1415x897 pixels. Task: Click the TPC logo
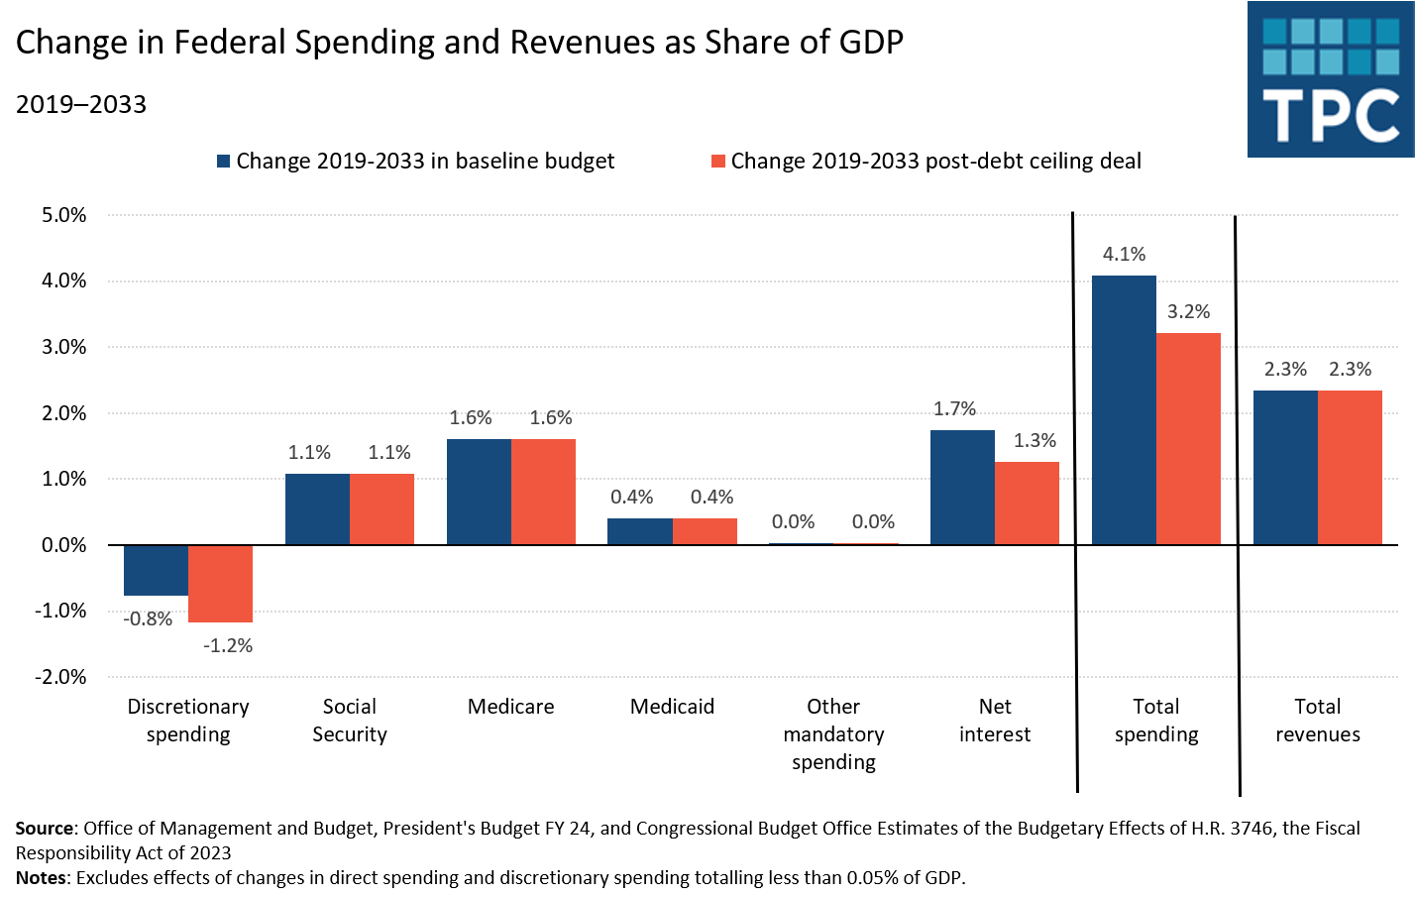tap(1331, 79)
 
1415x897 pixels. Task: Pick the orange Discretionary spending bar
tap(220, 584)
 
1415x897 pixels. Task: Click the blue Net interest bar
tap(962, 487)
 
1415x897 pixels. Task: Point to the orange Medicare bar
tap(543, 492)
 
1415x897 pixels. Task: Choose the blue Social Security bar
tap(317, 508)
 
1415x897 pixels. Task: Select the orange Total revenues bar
tap(1350, 467)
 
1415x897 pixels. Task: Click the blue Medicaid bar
tap(639, 531)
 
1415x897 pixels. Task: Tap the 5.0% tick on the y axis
tap(64, 215)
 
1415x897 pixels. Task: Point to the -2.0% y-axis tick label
tap(61, 677)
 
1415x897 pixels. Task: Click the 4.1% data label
tap(1124, 255)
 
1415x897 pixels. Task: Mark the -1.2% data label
tap(228, 646)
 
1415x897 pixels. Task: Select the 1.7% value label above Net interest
tap(954, 409)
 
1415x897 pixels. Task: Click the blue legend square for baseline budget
tap(224, 162)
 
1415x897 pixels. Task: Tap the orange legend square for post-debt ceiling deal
tap(718, 162)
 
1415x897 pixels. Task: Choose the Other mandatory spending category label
tap(833, 734)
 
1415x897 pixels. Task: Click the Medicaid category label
tap(672, 707)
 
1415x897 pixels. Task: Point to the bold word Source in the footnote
tap(45, 829)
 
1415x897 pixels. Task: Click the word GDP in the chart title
tap(871, 43)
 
